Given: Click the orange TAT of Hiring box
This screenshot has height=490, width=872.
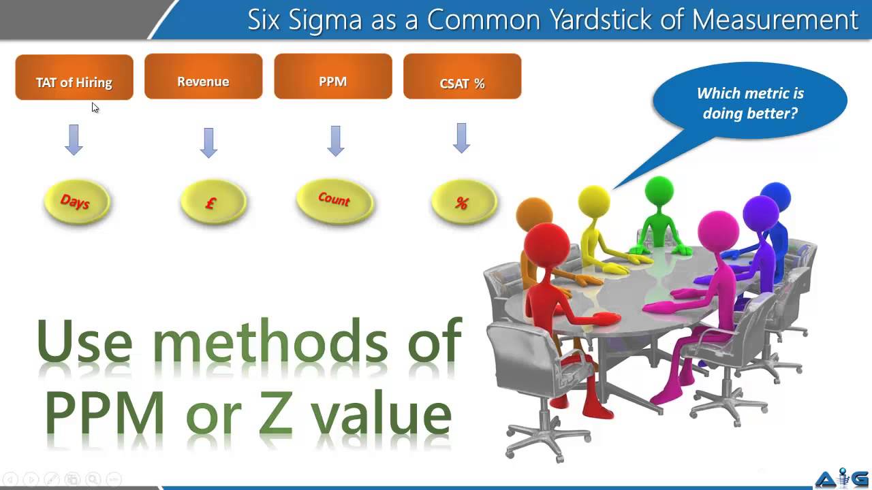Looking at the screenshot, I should point(74,78).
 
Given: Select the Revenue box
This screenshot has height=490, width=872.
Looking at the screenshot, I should point(203,76).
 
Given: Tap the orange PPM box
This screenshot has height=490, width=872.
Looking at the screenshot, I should point(332,76).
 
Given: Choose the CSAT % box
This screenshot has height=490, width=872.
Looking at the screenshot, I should point(462,76).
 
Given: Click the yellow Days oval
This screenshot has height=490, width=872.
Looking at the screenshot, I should point(76,201).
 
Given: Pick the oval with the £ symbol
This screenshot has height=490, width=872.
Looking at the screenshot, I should point(213,202).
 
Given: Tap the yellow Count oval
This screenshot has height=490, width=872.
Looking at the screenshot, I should point(334,201).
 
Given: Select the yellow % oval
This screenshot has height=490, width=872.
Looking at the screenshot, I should point(463,202).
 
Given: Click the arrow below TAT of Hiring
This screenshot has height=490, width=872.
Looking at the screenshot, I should point(74,140).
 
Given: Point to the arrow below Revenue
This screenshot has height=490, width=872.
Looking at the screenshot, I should point(209,142).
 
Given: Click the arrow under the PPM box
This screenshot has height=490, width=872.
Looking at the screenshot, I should point(335,140).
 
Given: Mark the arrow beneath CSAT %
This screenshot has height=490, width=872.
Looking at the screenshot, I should point(462,137).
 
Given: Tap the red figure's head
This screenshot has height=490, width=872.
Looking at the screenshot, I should point(546,244).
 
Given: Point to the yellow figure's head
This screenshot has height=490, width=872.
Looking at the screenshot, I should point(594,201).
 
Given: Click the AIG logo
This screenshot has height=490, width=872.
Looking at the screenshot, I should point(842,478).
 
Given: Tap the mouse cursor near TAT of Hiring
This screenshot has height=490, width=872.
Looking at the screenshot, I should point(95,108).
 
